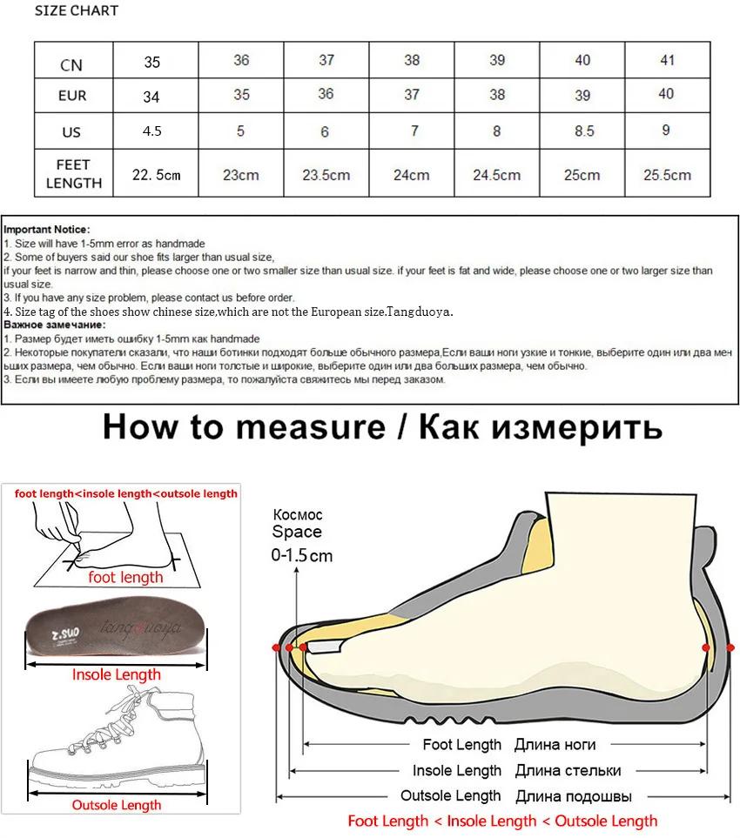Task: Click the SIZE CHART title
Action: click(x=77, y=11)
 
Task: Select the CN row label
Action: click(x=72, y=64)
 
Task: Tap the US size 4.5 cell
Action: click(x=151, y=131)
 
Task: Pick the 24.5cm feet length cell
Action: click(x=496, y=174)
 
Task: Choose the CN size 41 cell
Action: click(x=666, y=60)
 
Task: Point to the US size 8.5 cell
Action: click(x=582, y=131)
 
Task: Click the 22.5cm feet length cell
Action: click(x=156, y=174)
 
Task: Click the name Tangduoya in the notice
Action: click(x=421, y=312)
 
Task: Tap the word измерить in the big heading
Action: click(x=580, y=427)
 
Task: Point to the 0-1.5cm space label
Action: click(x=302, y=555)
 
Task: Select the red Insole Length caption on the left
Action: click(x=116, y=674)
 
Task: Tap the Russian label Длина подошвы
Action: click(x=574, y=795)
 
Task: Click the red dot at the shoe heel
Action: click(x=706, y=648)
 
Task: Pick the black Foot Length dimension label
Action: click(x=462, y=745)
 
